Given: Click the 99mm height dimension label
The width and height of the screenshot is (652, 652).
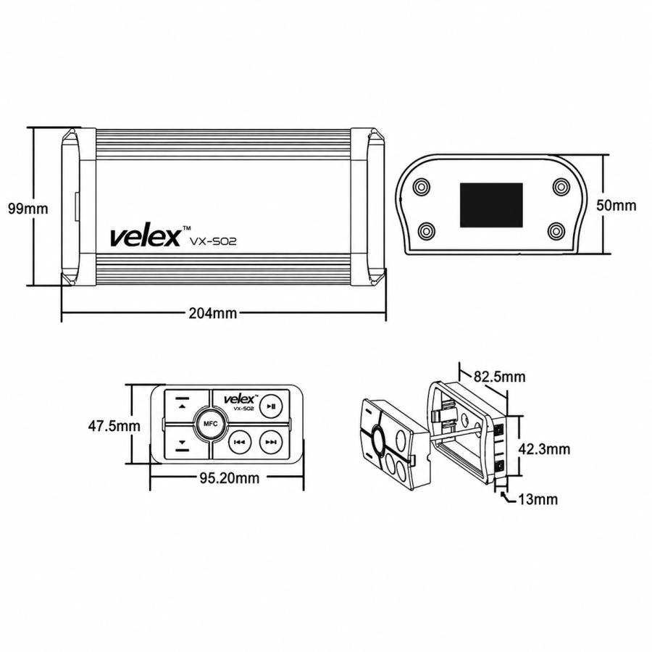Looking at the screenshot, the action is coord(28,209).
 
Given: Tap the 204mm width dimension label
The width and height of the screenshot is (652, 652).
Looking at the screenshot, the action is coord(213,313).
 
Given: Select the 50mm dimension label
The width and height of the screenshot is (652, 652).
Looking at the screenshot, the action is coord(617,205).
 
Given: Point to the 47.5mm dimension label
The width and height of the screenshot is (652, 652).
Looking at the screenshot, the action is coord(114,426).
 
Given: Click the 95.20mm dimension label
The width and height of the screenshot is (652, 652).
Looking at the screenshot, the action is coord(229,478).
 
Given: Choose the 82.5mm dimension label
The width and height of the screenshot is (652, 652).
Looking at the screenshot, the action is coord(499,377).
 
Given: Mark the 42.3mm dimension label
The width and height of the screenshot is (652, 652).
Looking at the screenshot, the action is coord(544,448).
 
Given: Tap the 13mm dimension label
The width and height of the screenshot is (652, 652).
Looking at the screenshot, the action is coord(538,499).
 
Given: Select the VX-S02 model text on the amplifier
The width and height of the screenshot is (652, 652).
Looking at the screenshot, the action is coord(213,241).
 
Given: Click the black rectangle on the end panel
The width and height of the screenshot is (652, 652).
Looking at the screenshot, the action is coord(491,205).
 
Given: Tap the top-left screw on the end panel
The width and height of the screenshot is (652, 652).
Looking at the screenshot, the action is coord(422,186).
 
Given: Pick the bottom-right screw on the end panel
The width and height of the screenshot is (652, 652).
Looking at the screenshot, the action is coord(556,231).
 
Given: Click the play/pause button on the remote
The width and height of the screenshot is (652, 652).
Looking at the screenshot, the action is coord(271,406).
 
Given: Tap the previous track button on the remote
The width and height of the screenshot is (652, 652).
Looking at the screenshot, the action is coord(240,442).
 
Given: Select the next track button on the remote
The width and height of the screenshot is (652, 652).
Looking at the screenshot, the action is coord(271,442).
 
